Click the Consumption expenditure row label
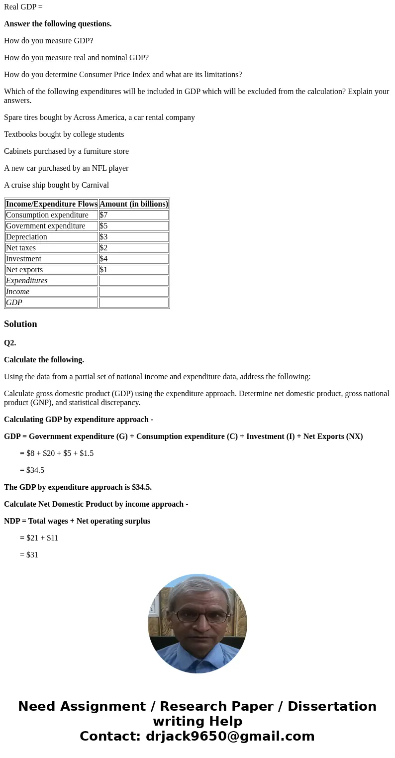[x=47, y=215]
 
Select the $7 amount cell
[x=133, y=215]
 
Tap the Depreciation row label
[x=26, y=237]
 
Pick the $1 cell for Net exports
[x=133, y=270]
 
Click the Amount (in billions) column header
[x=133, y=204]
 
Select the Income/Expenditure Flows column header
[x=52, y=204]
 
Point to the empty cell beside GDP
[x=133, y=303]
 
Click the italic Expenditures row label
[x=27, y=281]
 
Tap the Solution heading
[x=20, y=324]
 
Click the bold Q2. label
[x=10, y=343]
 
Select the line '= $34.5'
[x=32, y=470]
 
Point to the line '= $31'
[x=29, y=555]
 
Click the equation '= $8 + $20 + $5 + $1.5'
[x=57, y=453]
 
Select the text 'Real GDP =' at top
[x=23, y=7]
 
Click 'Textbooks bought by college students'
[x=64, y=134]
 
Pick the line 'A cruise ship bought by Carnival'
[x=56, y=185]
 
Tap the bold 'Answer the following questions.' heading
[x=58, y=24]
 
